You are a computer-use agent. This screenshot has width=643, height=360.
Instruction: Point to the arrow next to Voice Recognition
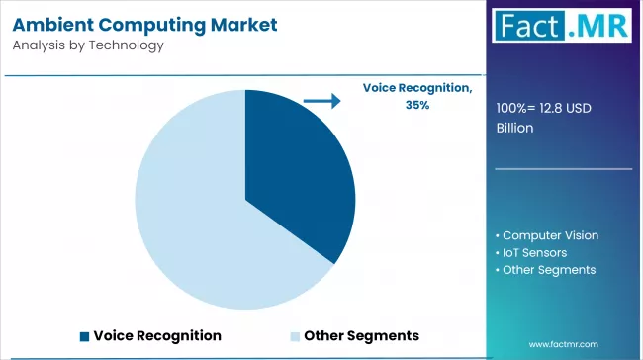tap(321, 100)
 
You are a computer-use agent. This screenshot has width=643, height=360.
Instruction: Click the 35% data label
tap(416, 105)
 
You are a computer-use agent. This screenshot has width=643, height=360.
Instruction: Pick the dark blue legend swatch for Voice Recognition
tap(85, 335)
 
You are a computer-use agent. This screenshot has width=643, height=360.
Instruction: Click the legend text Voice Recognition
tap(157, 335)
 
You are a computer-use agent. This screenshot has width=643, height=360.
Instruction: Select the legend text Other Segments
tap(361, 335)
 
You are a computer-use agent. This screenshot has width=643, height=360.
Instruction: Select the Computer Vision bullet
tap(550, 235)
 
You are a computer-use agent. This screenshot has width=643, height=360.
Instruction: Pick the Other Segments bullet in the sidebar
tap(549, 269)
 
